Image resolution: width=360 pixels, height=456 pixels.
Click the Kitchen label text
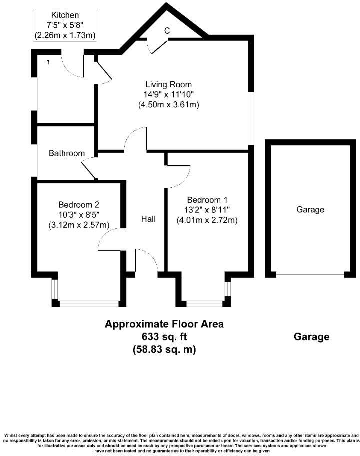point(64,15)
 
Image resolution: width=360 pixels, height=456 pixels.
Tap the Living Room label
point(168,84)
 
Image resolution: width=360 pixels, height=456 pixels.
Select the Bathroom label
point(66,153)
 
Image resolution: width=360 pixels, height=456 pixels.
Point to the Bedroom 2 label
point(79,204)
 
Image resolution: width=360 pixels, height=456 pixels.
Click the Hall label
point(148,219)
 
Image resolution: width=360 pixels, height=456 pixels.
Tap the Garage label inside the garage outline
point(310,210)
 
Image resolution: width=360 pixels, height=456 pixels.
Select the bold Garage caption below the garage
point(311,337)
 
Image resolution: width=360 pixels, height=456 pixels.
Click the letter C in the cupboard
point(167,31)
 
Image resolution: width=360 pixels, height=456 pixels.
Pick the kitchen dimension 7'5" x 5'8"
point(64,25)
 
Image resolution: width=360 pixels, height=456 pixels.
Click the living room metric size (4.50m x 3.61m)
point(168,105)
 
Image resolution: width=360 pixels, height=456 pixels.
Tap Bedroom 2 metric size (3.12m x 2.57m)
point(79,225)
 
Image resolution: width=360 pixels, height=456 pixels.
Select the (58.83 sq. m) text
point(164,350)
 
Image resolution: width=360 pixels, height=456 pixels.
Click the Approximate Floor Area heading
point(164,324)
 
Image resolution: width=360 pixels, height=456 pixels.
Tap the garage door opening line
point(310,274)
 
